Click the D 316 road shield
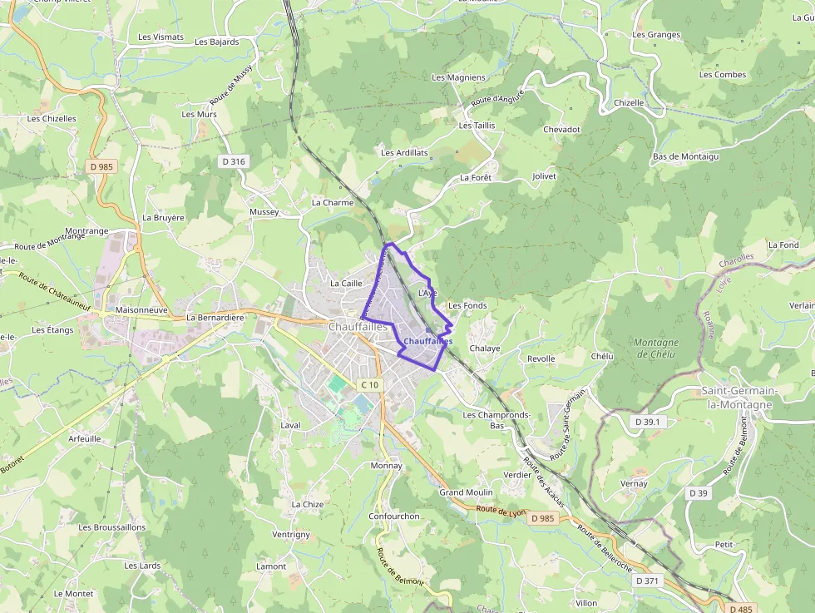click(x=235, y=161)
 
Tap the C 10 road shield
click(x=369, y=385)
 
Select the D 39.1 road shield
click(x=647, y=422)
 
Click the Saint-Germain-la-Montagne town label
click(x=738, y=398)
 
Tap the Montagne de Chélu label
click(x=656, y=348)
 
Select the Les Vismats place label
click(x=161, y=37)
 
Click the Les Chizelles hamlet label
click(x=52, y=118)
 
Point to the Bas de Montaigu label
click(x=685, y=156)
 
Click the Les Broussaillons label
click(x=111, y=526)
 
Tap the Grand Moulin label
click(x=466, y=492)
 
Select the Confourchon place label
click(x=394, y=516)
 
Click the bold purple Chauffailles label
click(x=427, y=341)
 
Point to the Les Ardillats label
click(x=404, y=152)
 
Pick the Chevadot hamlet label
click(x=561, y=130)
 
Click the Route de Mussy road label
click(x=242, y=85)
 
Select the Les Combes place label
click(x=723, y=75)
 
